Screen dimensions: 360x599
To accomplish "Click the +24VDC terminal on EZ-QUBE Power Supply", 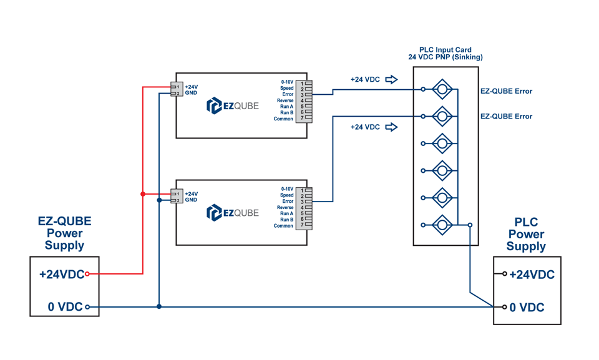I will pyautogui.click(x=87, y=274).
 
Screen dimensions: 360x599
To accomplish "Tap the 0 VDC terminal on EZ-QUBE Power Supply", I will pyautogui.click(x=87, y=307).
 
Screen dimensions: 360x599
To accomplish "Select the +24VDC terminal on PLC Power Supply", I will pyautogui.click(x=505, y=274).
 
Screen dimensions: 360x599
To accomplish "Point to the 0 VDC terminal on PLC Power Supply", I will pyautogui.click(x=505, y=307).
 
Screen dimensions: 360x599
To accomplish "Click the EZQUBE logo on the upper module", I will pyautogui.click(x=232, y=106).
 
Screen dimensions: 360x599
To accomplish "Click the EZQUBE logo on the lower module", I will pyautogui.click(x=232, y=213).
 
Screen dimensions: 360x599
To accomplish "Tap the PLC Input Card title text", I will pyautogui.click(x=445, y=50).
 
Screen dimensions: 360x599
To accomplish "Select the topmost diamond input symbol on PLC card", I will pyautogui.click(x=442, y=89).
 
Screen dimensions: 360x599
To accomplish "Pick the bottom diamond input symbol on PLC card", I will pyautogui.click(x=442, y=225).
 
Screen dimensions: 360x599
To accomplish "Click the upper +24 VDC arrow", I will pyautogui.click(x=391, y=79).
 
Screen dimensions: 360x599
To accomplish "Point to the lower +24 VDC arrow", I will pyautogui.click(x=391, y=127).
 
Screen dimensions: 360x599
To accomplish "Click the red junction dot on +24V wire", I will pyautogui.click(x=143, y=194).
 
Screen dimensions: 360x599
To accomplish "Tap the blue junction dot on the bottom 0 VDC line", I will pyautogui.click(x=160, y=307).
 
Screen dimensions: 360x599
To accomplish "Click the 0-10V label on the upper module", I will pyautogui.click(x=287, y=82).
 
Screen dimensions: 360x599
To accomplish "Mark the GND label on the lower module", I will pyautogui.click(x=191, y=200).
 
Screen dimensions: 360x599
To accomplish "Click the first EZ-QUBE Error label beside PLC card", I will pyautogui.click(x=506, y=91).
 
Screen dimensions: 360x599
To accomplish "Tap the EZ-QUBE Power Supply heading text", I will pyautogui.click(x=64, y=233).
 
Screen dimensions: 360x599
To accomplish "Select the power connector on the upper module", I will pyautogui.click(x=176, y=90).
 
